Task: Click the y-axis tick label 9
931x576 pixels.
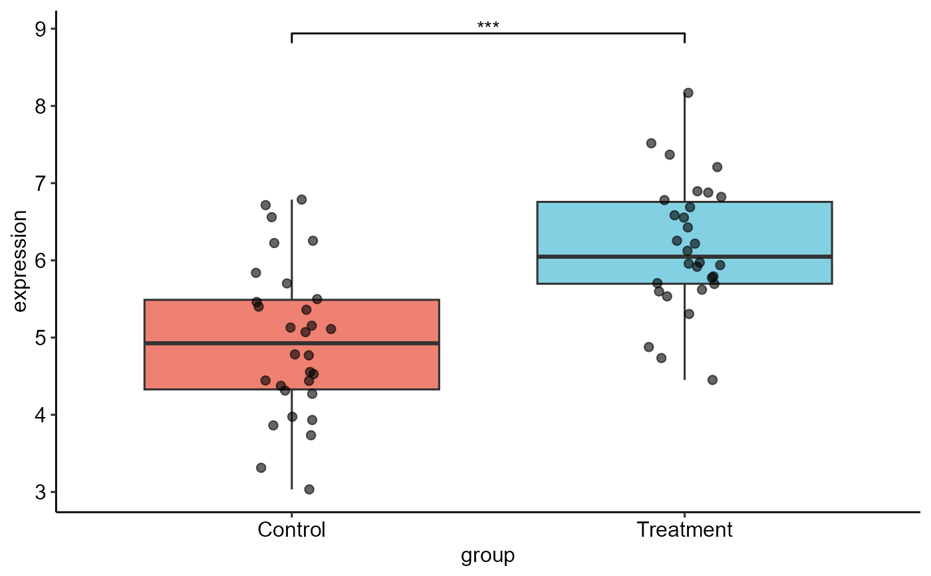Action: (x=40, y=29)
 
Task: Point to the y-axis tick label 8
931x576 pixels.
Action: (x=40, y=106)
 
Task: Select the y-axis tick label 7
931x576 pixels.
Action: (x=40, y=184)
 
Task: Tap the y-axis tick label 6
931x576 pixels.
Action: (x=40, y=261)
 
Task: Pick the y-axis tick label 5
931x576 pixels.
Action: (x=40, y=338)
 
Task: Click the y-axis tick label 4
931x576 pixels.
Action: (x=40, y=415)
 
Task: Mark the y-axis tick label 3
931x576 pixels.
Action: (x=40, y=492)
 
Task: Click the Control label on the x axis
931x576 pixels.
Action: (x=291, y=530)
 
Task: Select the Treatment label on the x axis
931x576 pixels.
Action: (x=684, y=530)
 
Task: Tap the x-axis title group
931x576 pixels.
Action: (x=487, y=556)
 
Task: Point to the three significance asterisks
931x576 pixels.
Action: (x=487, y=26)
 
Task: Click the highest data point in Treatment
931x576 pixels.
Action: (x=688, y=92)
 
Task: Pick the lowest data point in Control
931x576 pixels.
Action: (x=309, y=490)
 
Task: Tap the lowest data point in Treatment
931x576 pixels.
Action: (x=712, y=380)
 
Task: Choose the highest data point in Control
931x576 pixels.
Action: (x=301, y=200)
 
